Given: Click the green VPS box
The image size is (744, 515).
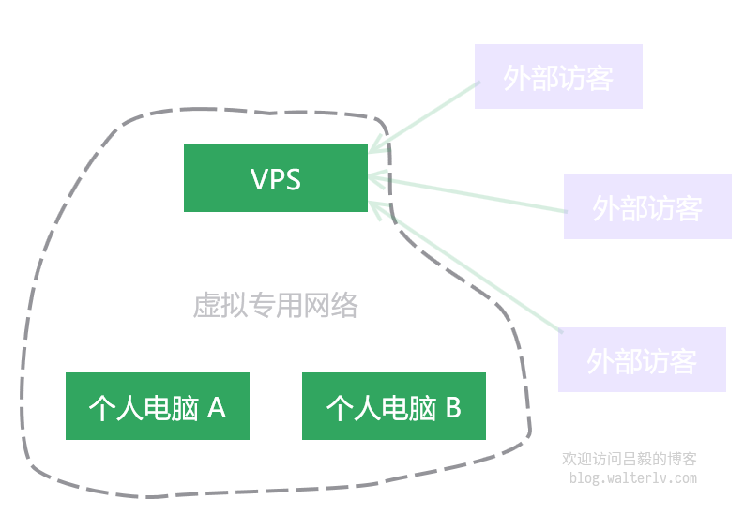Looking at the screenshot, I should click(x=275, y=178).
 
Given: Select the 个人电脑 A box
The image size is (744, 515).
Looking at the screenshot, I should click(x=157, y=406).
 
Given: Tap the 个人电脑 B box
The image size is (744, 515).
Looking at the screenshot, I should click(x=393, y=406).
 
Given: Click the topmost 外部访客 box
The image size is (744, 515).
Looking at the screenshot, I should click(x=558, y=77).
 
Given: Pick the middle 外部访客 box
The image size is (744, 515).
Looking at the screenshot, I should click(x=647, y=206).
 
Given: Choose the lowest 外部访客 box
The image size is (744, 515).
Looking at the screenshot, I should click(x=642, y=359).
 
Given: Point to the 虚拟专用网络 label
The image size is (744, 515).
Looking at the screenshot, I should click(x=275, y=305).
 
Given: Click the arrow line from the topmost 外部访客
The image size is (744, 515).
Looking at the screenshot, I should click(x=427, y=114).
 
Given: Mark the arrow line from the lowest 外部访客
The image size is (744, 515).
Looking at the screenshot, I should click(x=469, y=267).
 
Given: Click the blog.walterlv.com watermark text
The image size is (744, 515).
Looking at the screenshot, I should click(x=633, y=478).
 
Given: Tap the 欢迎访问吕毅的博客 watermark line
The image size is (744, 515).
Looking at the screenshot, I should click(x=630, y=460).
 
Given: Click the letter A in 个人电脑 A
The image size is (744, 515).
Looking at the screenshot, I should click(x=216, y=407).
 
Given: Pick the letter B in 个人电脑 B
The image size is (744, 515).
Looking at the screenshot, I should click(x=452, y=407).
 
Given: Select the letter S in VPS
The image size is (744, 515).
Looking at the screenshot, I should click(x=293, y=179).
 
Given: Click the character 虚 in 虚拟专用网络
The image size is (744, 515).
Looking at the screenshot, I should click(x=206, y=306).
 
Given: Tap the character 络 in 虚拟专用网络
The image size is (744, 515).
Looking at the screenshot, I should click(x=344, y=306).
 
